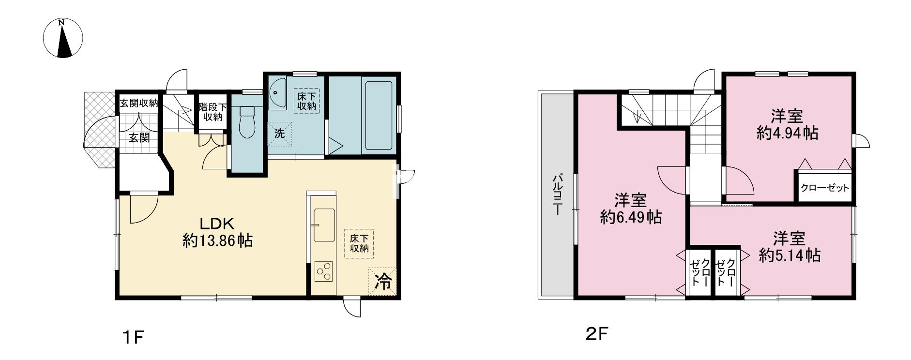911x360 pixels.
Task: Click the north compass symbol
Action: (x=63, y=38)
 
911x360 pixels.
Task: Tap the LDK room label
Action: (x=217, y=224)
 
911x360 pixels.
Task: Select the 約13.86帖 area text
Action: (x=217, y=240)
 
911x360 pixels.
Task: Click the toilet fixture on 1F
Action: (x=247, y=121)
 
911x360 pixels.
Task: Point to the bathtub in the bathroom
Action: (x=379, y=116)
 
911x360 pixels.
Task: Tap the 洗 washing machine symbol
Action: (x=280, y=133)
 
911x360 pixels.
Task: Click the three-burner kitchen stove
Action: (x=323, y=270)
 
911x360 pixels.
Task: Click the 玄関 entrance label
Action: (x=139, y=137)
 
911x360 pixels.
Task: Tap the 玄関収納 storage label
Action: (x=139, y=103)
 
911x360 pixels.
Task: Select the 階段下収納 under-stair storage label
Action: (x=212, y=111)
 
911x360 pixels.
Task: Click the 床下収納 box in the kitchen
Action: (x=360, y=243)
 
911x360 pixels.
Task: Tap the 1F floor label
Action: (x=133, y=337)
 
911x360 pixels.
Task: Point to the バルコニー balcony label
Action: (x=558, y=195)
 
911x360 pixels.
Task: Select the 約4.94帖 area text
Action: (x=788, y=133)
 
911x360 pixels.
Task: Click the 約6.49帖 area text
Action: (x=631, y=217)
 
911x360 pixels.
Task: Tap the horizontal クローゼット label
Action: (x=824, y=188)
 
